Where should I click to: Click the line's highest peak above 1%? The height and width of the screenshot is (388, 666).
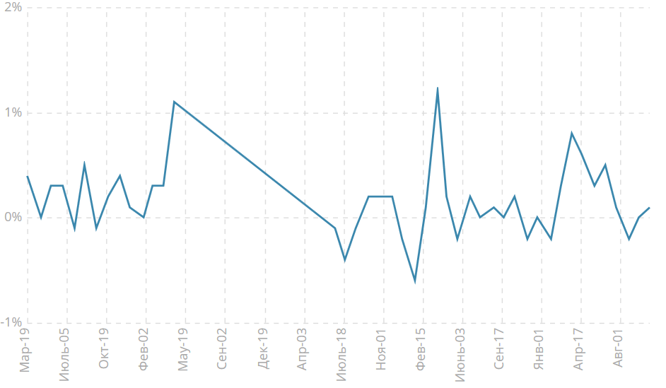(x=438, y=88)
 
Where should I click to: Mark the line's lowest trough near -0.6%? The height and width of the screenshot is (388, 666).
(x=415, y=281)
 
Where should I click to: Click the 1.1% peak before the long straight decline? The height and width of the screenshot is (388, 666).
(x=174, y=102)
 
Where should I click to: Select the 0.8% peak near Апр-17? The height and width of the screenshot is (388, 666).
(x=571, y=133)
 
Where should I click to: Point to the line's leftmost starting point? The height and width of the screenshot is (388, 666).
(x=27, y=176)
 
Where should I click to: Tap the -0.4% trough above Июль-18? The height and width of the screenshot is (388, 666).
(x=345, y=260)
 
